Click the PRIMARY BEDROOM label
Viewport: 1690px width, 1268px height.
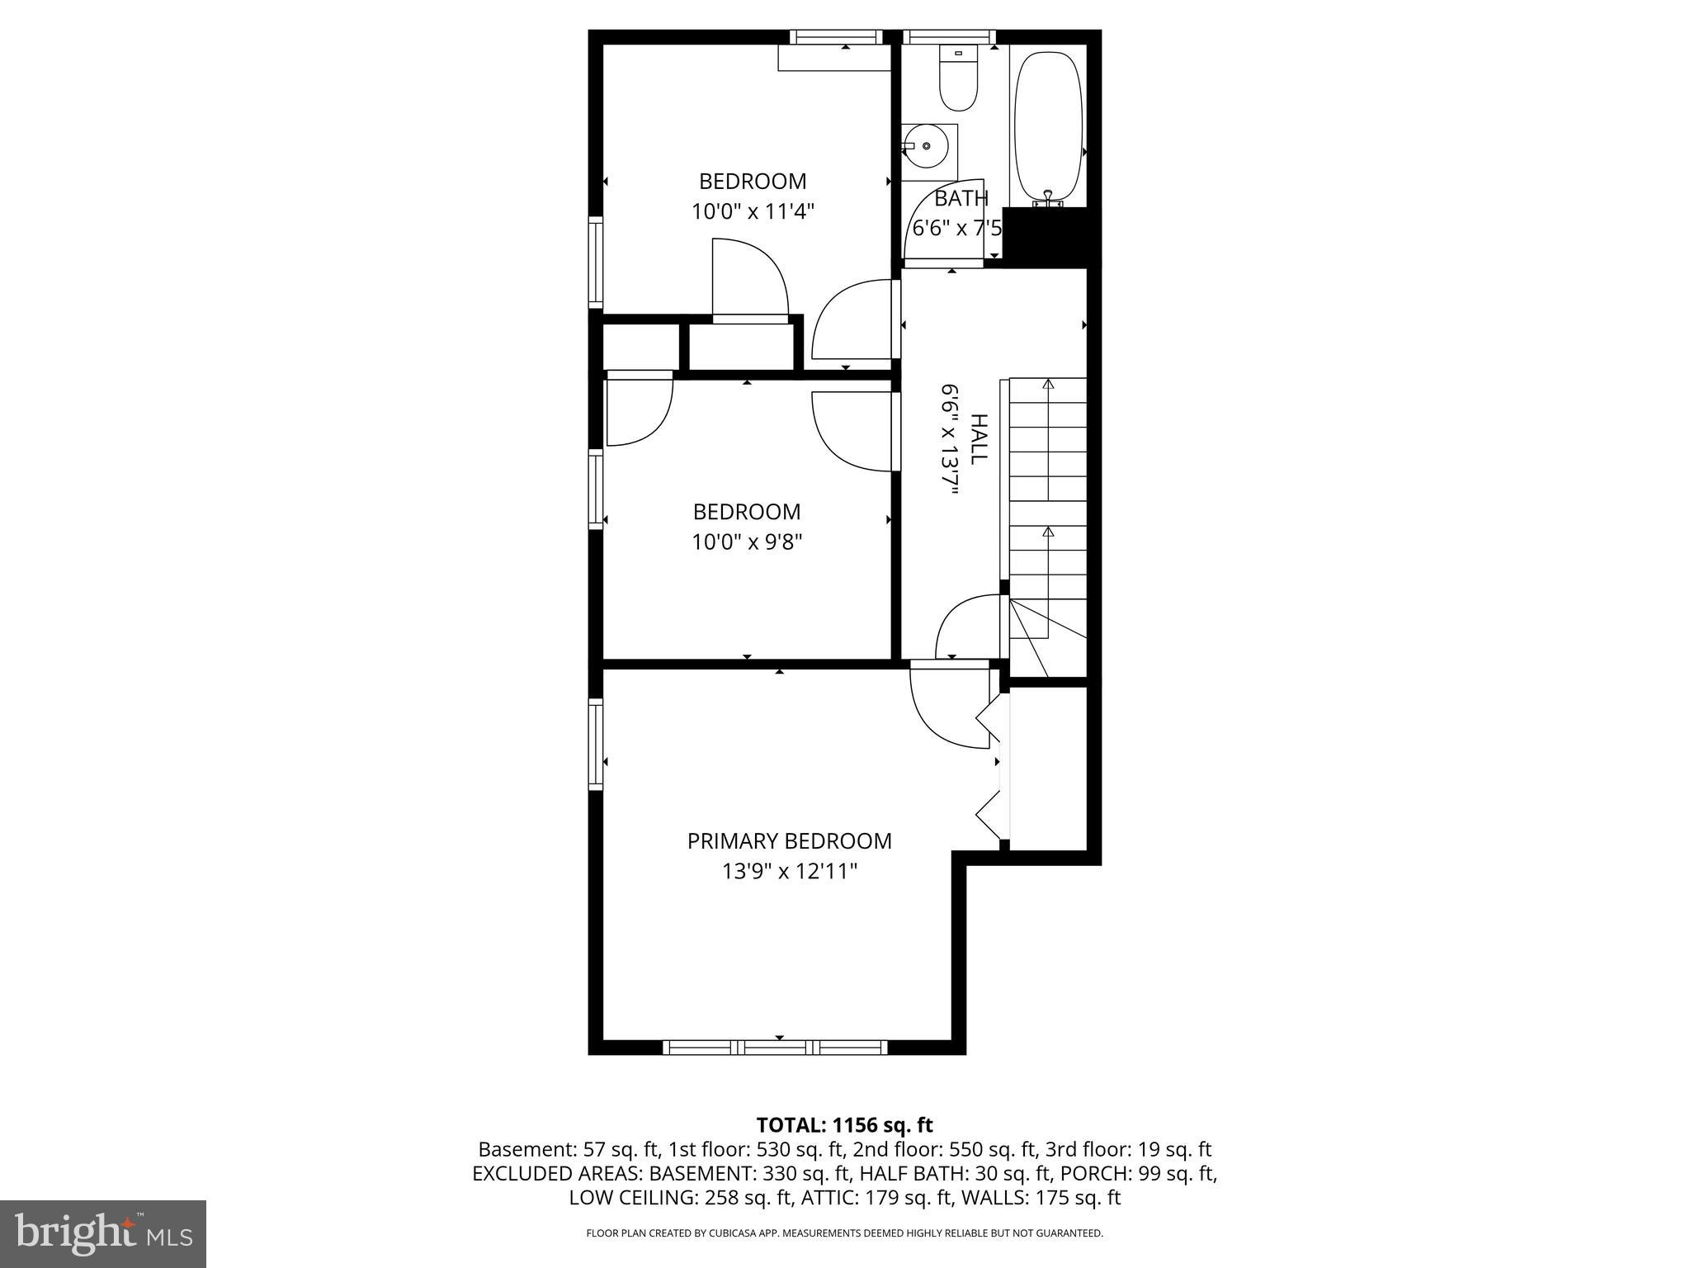[x=789, y=841]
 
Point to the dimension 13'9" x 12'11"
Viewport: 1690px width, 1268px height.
[x=789, y=872]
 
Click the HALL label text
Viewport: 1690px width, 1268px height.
[x=978, y=439]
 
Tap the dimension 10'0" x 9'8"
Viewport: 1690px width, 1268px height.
[x=747, y=542]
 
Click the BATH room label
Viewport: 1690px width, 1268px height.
[x=961, y=198]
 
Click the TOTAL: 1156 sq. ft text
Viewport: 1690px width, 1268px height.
[x=844, y=1125]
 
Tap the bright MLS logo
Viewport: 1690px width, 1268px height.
[x=103, y=1233]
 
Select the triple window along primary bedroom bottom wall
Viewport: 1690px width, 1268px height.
[x=775, y=1048]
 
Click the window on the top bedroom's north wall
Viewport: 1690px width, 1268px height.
[x=836, y=37]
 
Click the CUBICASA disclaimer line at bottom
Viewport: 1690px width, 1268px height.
[x=844, y=1233]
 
